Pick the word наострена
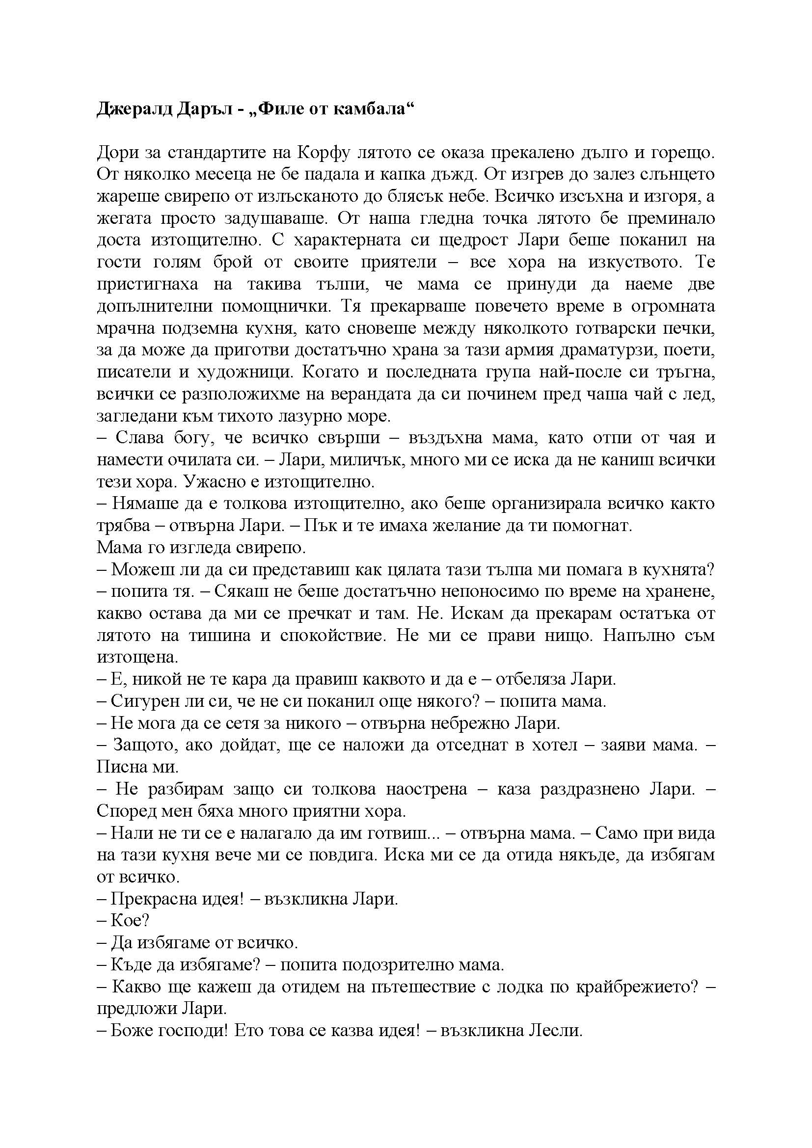point(427,790)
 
